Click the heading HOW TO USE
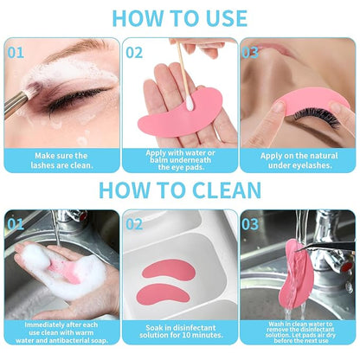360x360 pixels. pyautogui.click(x=179, y=17)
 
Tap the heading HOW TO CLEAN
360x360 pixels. pyautogui.click(x=179, y=190)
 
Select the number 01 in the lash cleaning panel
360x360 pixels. pyautogui.click(x=16, y=51)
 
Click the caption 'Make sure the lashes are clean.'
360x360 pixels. pyautogui.click(x=61, y=159)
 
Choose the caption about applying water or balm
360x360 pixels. pyautogui.click(x=179, y=159)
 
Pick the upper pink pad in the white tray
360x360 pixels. pyautogui.click(x=169, y=268)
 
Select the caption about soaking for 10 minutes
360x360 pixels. pyautogui.click(x=179, y=332)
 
